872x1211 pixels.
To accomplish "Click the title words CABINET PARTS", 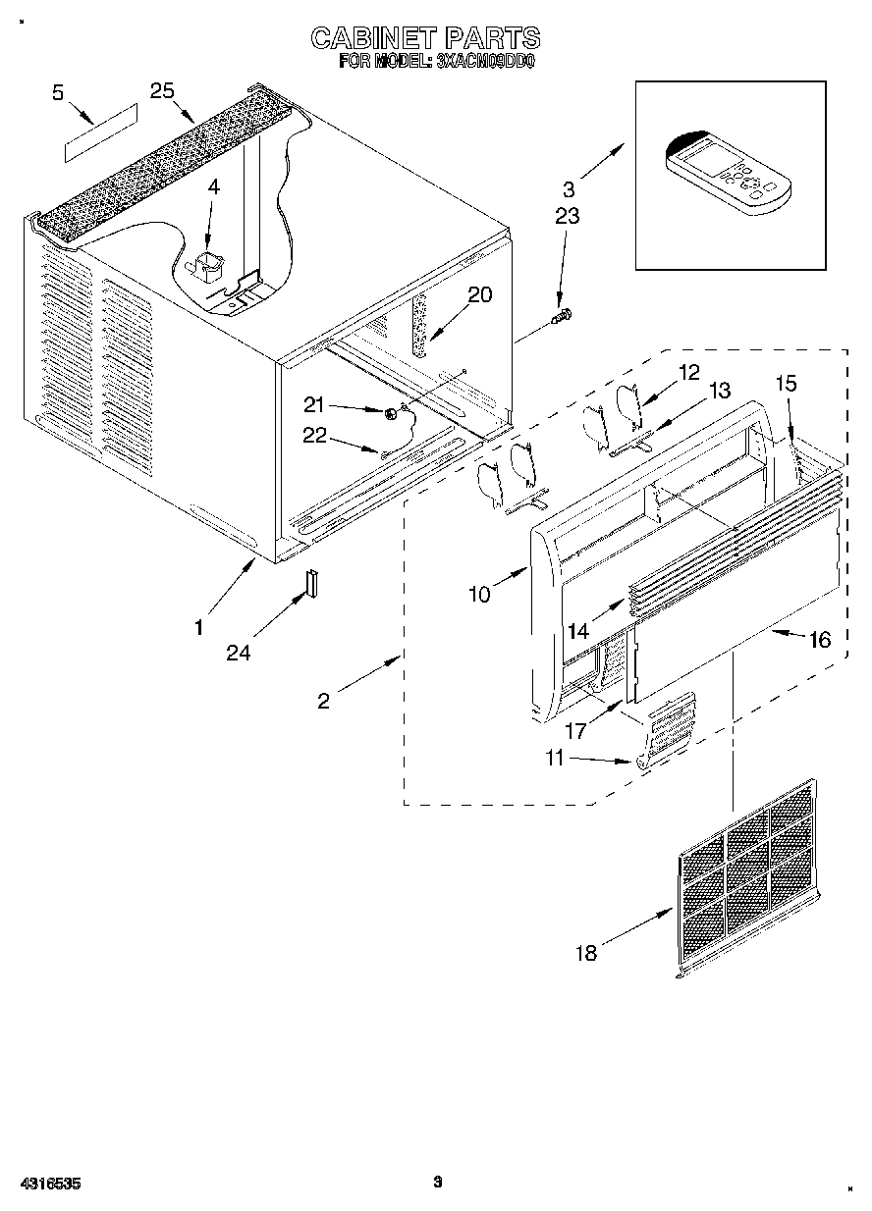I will [x=424, y=38].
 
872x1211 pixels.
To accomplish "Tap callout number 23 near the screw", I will [x=567, y=217].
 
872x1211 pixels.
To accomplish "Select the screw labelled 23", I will [x=564, y=315].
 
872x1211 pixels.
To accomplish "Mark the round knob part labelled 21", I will [x=392, y=413].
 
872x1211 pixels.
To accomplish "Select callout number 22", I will [x=314, y=437].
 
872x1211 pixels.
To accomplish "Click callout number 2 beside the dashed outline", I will [x=323, y=700].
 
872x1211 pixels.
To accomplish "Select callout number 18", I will [x=586, y=953].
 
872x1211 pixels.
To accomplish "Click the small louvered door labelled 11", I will [x=669, y=731].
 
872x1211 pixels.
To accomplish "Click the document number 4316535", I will [x=48, y=1184].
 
